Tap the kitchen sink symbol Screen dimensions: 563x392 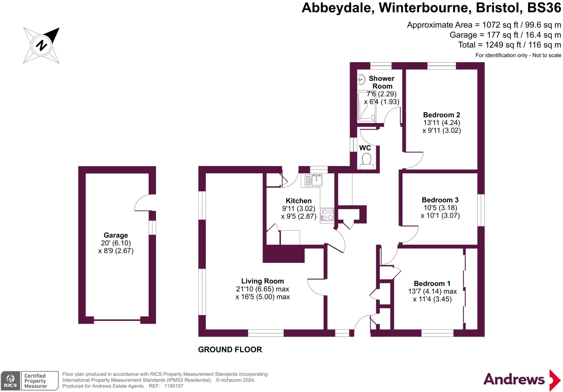coord(314,180)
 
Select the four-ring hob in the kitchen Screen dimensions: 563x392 coord(327,215)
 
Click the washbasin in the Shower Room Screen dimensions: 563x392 coord(361,79)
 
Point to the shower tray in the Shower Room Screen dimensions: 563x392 coord(366,107)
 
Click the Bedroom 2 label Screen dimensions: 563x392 coord(441,115)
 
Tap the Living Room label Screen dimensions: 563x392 coord(263,281)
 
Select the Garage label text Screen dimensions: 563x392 coord(116,235)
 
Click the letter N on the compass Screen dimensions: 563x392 coord(42,45)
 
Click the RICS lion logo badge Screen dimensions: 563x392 coord(10,380)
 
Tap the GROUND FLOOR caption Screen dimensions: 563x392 coord(230,349)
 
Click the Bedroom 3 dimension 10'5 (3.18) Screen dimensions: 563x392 coord(440,208)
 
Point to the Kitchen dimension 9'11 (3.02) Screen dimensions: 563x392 coord(299,208)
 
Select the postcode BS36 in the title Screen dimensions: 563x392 coord(544,8)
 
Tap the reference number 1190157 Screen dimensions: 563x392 coord(174,386)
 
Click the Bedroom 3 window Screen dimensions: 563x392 coord(481,210)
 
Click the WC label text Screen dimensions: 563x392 coord(365,148)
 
